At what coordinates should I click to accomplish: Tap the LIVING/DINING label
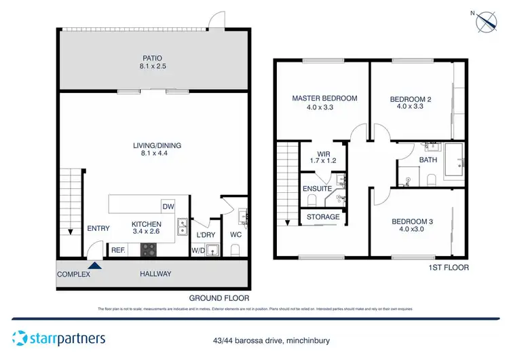click(157, 145)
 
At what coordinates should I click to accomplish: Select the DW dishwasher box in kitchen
click(167, 206)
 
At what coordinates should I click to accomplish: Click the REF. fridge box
click(117, 250)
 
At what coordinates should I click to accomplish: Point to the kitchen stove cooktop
click(149, 250)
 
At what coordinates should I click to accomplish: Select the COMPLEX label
click(73, 274)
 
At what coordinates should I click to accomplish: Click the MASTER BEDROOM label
click(324, 98)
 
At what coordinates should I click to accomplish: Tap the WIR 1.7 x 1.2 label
click(324, 158)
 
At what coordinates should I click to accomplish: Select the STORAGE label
click(323, 217)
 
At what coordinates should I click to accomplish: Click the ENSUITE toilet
click(312, 200)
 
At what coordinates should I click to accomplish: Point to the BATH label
click(428, 160)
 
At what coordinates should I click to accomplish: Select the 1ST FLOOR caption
click(448, 268)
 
